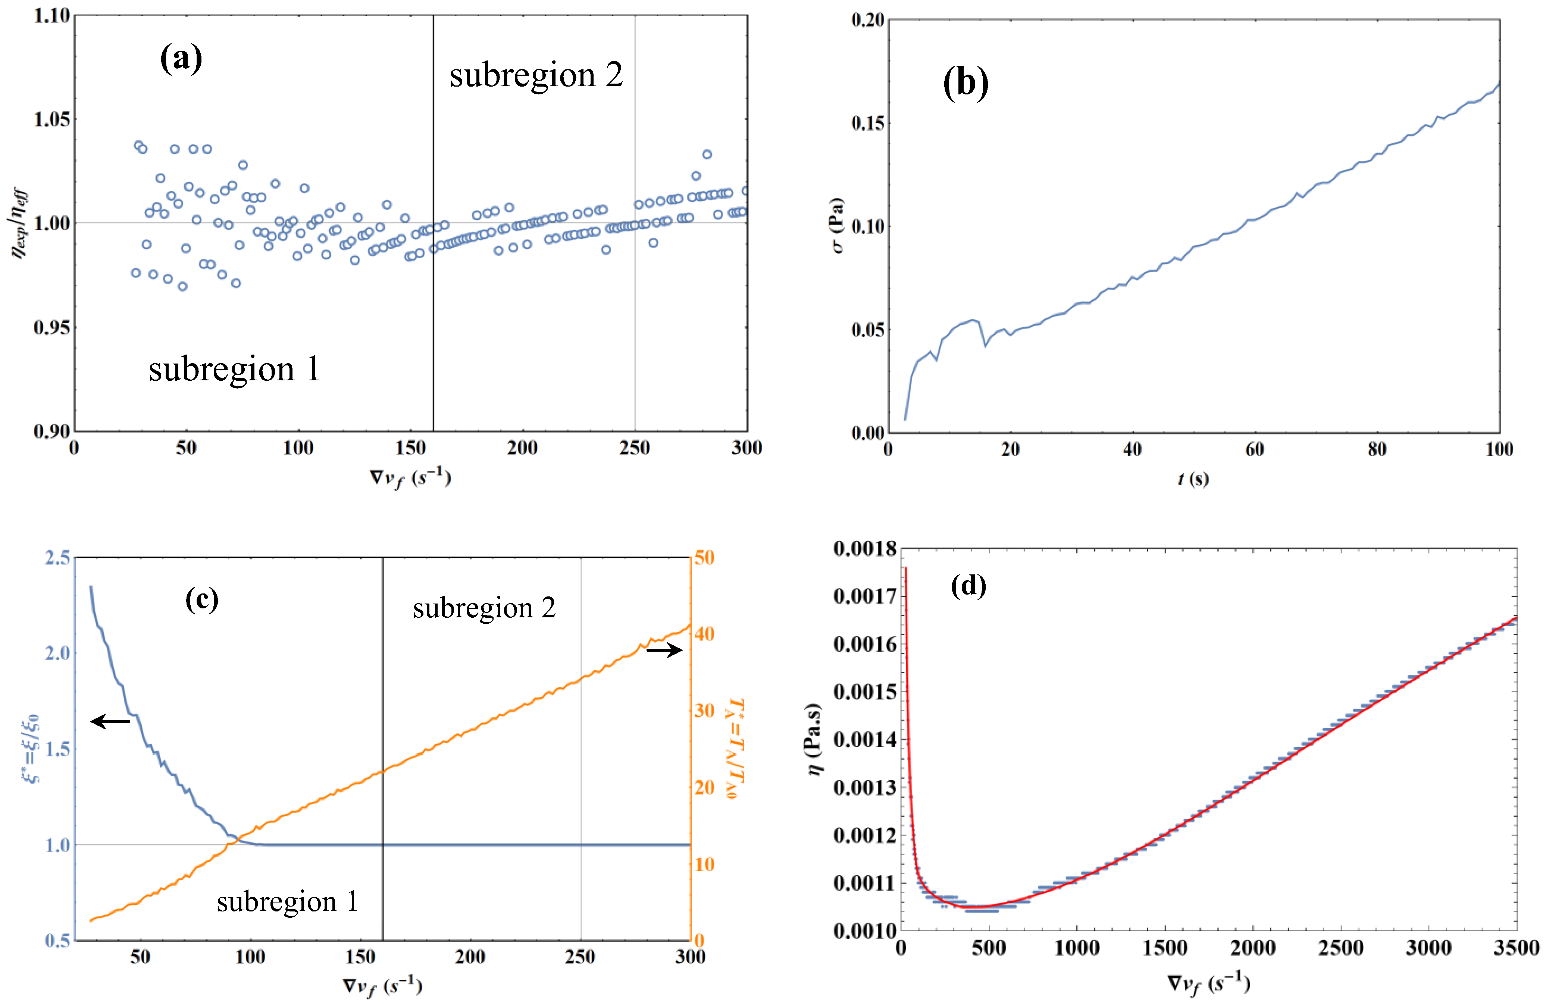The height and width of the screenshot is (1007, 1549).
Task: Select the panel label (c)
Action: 202,598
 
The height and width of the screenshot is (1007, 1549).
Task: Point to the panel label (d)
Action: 968,586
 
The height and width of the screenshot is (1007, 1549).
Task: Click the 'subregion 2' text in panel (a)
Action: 536,75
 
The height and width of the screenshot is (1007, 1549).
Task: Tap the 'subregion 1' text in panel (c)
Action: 287,901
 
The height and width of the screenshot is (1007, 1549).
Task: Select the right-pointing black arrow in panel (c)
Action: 664,650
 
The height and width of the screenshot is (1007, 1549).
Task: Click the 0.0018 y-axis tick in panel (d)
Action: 864,549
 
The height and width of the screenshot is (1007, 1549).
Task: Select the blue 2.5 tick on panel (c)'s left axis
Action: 57,558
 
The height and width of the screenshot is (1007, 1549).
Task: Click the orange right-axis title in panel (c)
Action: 735,749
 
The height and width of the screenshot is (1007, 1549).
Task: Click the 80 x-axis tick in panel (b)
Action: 1377,449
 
